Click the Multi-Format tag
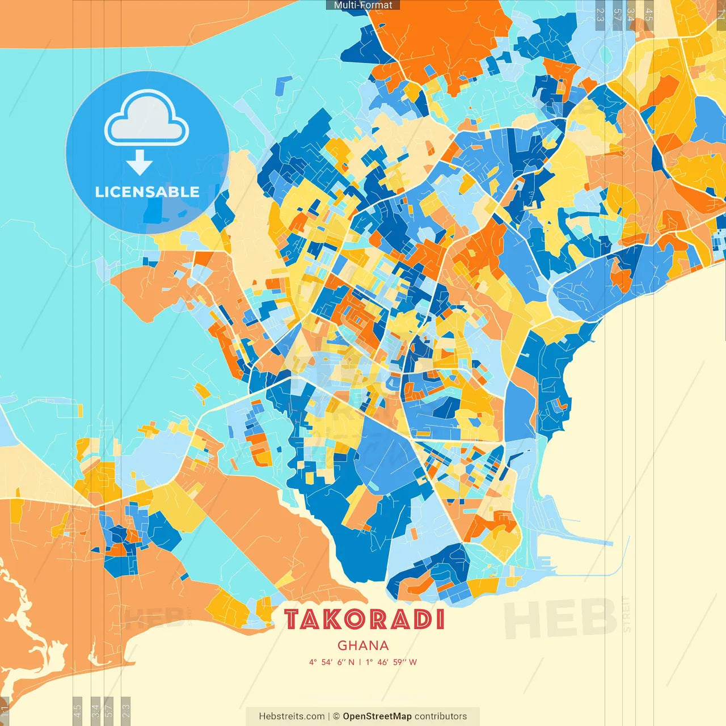pyautogui.click(x=363, y=5)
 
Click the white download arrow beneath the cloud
pyautogui.click(x=139, y=163)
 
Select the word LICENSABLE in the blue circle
pyautogui.click(x=147, y=192)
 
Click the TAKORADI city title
pyautogui.click(x=364, y=619)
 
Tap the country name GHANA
pyautogui.click(x=363, y=645)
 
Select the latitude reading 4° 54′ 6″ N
pyautogui.click(x=331, y=662)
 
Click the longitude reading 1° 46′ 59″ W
pyautogui.click(x=391, y=662)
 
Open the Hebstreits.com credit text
pyautogui.click(x=292, y=716)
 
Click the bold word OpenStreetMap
pyautogui.click(x=377, y=716)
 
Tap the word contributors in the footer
pyautogui.click(x=441, y=716)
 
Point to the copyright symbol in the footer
pyautogui.click(x=336, y=716)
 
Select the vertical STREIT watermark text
pyautogui.click(x=626, y=614)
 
